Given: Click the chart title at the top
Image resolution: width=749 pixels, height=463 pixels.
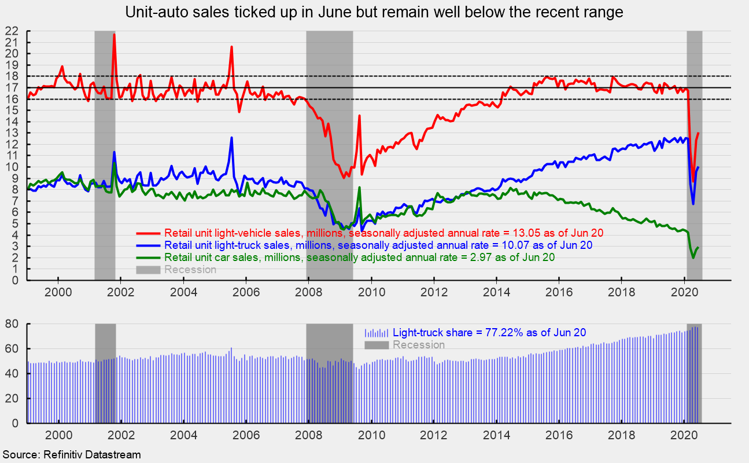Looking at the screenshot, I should [374, 12].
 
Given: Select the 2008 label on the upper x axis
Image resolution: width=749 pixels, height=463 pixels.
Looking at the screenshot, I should [308, 292].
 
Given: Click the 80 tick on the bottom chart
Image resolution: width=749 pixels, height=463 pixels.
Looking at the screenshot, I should [13, 324].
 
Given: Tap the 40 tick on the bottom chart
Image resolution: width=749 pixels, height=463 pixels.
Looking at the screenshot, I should [13, 374].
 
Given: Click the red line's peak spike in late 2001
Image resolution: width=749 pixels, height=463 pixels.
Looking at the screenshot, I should [114, 35].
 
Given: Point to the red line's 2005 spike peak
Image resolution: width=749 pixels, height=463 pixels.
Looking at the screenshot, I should [231, 47].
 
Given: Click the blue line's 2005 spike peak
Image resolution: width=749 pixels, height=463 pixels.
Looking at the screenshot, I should [231, 138].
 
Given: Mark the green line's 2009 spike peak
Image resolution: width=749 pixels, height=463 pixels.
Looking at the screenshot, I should [359, 188].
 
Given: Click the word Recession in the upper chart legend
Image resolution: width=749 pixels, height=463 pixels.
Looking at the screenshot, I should [190, 270].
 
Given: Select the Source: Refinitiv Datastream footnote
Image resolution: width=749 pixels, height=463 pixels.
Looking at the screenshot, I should [72, 455].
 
